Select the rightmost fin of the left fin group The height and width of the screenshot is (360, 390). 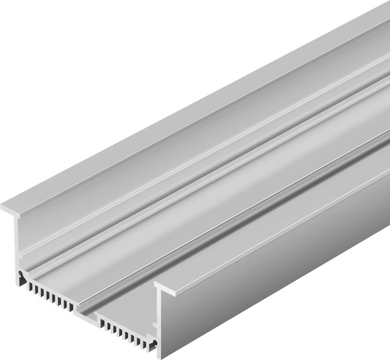(70, 304)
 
